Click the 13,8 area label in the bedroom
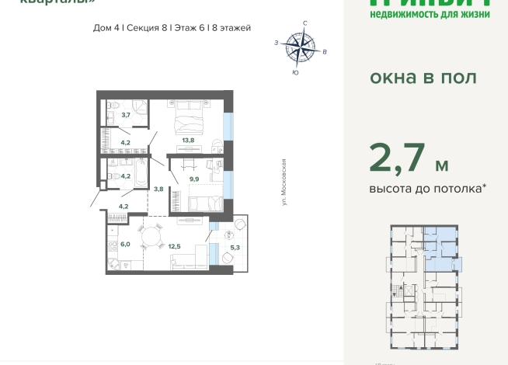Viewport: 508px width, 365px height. tap(188, 140)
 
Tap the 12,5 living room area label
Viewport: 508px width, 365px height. tap(175, 246)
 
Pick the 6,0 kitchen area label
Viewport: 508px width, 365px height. tap(125, 244)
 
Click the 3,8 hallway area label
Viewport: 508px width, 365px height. tap(158, 188)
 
